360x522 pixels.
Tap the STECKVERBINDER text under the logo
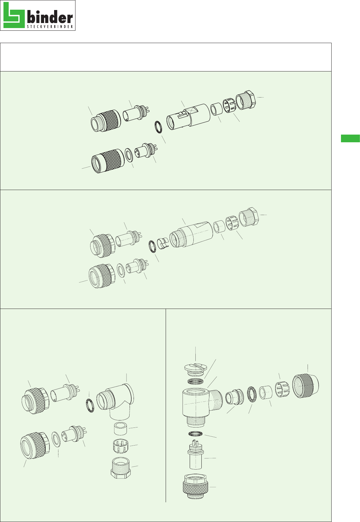tap(50, 27)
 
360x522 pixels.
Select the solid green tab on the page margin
tap(350, 138)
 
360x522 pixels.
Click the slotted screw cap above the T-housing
tap(195, 370)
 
